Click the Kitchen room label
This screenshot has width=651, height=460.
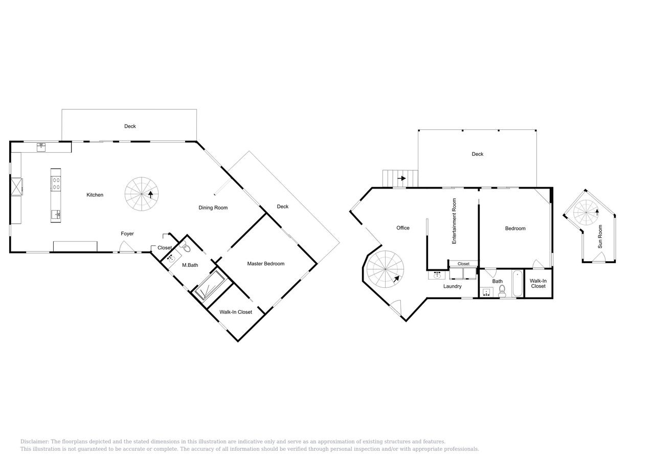[x=95, y=195]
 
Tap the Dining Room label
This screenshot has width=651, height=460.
[x=213, y=208]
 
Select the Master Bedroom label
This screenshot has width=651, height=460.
[x=265, y=264]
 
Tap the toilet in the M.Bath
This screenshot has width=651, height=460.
[x=185, y=248]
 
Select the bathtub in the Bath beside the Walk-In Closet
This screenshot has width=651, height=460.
[x=518, y=284]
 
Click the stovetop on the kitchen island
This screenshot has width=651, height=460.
[x=56, y=183]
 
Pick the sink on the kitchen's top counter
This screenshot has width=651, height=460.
[x=41, y=147]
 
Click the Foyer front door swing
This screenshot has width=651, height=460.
[x=126, y=247]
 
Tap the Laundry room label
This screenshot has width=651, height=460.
[x=452, y=286]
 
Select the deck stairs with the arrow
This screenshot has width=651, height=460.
[x=400, y=178]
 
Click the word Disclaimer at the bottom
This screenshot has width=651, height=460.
[x=34, y=442]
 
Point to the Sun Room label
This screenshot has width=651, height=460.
[x=600, y=237]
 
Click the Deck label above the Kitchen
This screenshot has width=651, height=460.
[x=130, y=126]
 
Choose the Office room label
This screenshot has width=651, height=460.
[x=402, y=228]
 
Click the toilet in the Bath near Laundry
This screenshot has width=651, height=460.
[x=502, y=290]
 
